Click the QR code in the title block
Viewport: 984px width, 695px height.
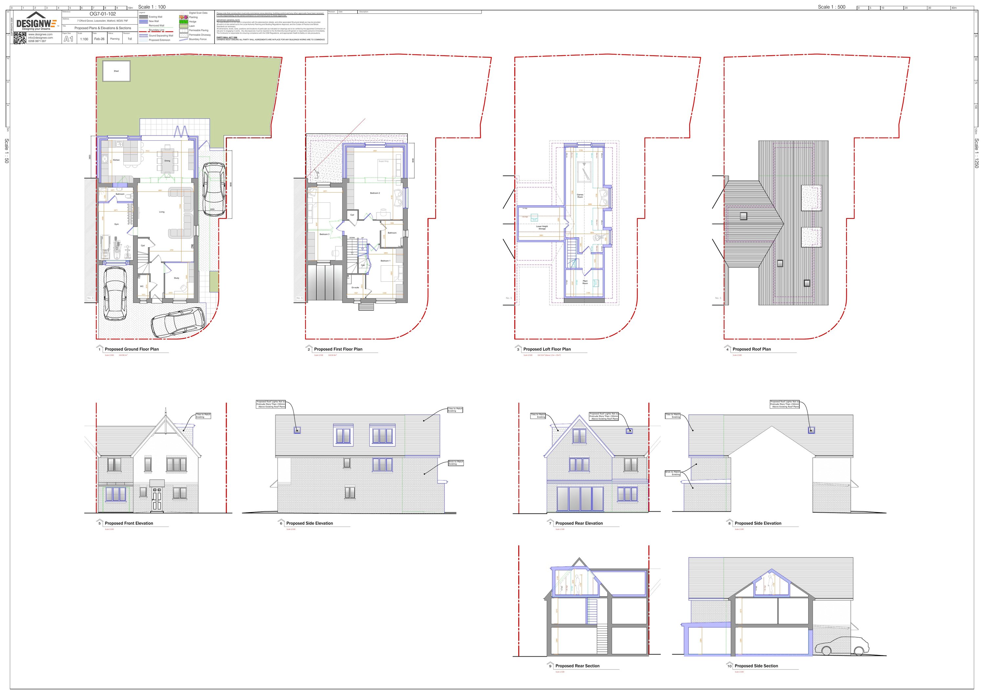click(20, 38)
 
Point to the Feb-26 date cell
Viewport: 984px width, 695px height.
click(99, 39)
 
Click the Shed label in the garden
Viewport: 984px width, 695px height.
click(116, 71)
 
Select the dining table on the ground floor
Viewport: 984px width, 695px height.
click(167, 161)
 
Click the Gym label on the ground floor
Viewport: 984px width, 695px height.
click(116, 224)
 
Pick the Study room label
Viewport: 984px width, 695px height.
click(176, 278)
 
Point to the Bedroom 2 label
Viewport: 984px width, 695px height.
click(375, 193)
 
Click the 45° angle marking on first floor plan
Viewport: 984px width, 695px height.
click(316, 172)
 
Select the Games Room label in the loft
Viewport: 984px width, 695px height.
click(580, 196)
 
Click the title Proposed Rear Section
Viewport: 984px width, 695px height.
click(577, 666)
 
